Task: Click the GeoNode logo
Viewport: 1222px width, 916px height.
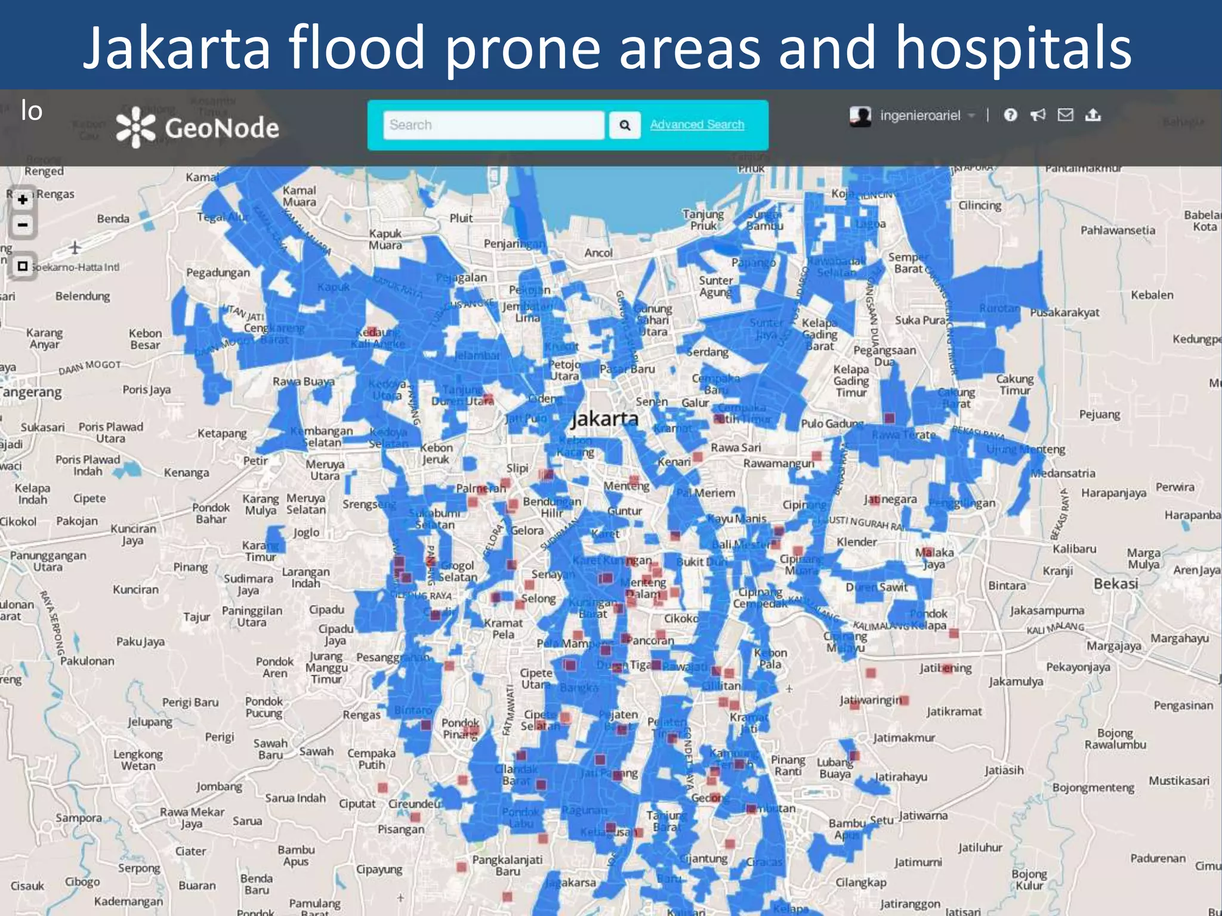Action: [198, 128]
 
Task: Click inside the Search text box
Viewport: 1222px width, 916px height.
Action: [493, 125]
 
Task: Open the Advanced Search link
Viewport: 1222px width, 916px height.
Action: [697, 125]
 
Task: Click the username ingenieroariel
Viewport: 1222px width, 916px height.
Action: [919, 116]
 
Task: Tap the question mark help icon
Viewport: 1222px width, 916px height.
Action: [1010, 115]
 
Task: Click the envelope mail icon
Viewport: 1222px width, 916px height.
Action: [1065, 114]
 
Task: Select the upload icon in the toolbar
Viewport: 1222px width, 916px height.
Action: [1093, 114]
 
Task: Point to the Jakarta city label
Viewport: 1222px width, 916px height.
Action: [604, 419]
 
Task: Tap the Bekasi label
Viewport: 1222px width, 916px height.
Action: [1116, 583]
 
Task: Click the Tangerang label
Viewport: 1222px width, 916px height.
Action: [31, 392]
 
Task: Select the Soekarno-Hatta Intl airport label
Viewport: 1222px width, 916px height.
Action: [75, 267]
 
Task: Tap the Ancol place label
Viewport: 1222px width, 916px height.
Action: [598, 253]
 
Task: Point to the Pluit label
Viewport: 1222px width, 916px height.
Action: [461, 218]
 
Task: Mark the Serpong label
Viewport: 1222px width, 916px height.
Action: [139, 868]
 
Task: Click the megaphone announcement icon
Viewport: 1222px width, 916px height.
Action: [1038, 115]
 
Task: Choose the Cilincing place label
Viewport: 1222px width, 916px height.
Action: [980, 206]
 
